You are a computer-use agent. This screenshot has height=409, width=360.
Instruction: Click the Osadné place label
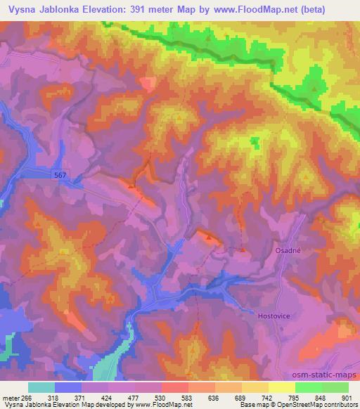tap(288, 251)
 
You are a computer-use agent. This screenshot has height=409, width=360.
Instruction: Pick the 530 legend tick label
tap(162, 397)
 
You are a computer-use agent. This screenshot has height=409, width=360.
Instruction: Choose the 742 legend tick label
tap(269, 397)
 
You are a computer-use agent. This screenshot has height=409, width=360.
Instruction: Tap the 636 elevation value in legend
tap(215, 397)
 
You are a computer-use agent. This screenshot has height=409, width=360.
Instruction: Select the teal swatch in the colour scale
tap(41, 387)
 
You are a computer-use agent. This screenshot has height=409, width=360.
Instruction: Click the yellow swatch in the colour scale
tap(282, 387)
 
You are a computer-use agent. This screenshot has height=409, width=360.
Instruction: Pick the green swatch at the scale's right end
tap(335, 387)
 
